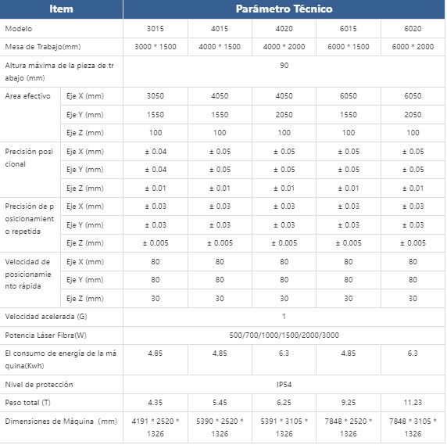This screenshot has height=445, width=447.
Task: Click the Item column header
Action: click(61, 9)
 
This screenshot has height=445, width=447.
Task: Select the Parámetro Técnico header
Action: click(284, 9)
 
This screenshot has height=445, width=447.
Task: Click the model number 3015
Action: click(156, 28)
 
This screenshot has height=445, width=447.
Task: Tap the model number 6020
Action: click(413, 28)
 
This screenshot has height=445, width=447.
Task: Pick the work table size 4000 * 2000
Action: click(284, 46)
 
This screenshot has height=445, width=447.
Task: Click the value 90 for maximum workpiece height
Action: click(284, 66)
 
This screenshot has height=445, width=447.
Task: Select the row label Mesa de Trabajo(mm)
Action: click(43, 46)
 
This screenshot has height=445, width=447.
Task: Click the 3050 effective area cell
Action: click(156, 96)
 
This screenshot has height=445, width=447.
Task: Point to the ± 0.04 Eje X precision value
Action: click(156, 152)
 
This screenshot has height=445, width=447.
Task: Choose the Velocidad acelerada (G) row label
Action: click(46, 317)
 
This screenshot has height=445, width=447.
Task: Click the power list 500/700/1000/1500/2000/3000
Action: click(284, 335)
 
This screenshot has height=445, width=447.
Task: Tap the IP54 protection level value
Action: click(284, 385)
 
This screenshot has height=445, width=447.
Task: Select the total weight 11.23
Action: click(413, 403)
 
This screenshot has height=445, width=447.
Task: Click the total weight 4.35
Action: click(156, 403)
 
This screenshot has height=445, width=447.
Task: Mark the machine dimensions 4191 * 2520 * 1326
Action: click(156, 427)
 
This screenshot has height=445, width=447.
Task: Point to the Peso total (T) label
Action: click(27, 403)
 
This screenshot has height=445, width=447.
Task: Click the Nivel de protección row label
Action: click(39, 385)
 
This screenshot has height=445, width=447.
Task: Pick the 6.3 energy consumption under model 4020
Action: click(284, 353)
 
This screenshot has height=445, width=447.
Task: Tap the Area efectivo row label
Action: click(27, 96)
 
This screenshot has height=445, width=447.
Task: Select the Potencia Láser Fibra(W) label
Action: click(45, 335)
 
